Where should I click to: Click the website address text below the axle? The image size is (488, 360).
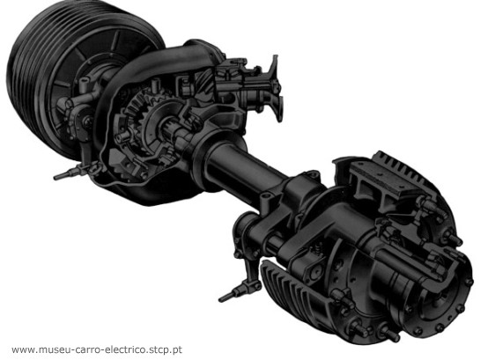pyautogui.click(x=97, y=349)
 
